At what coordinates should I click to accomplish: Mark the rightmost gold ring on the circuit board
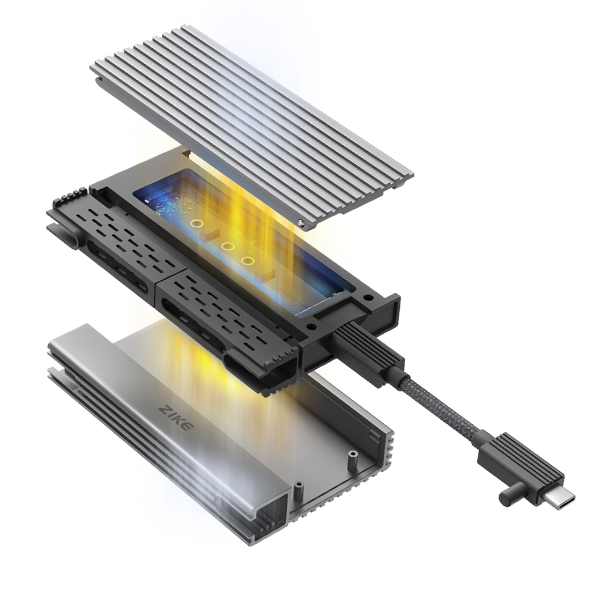click(x=246, y=261)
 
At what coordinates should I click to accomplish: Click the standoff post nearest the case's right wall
click(x=352, y=460)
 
